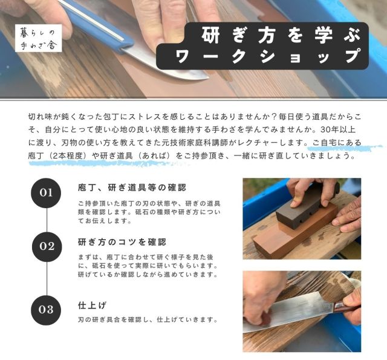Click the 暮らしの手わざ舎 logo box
pos(38,38)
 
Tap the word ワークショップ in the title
pos(268,57)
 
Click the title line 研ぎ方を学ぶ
pos(281,35)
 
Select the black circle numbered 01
pos(46,193)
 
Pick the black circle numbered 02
pos(47,247)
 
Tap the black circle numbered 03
pos(46,310)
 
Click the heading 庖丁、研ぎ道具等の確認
pos(132,188)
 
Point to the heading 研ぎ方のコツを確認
pos(122,242)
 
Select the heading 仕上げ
pos(92,306)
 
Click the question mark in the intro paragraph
pos(273,117)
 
